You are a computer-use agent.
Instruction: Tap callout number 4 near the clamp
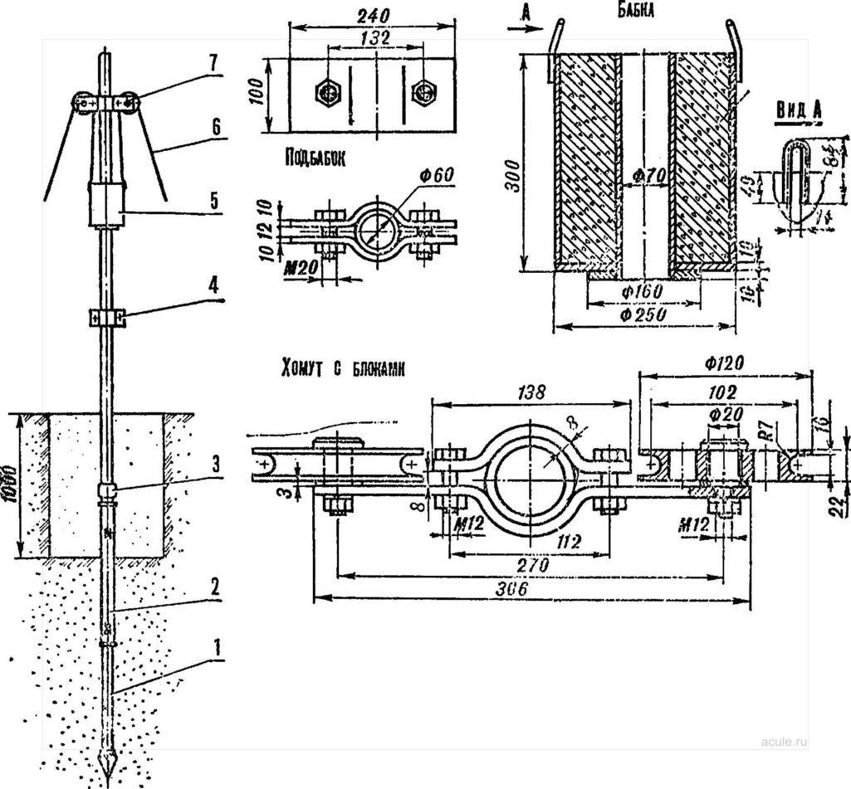point(214,285)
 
